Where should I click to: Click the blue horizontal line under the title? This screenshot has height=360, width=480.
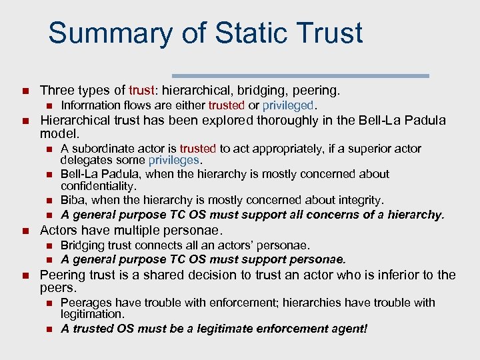pyautogui.click(x=300, y=76)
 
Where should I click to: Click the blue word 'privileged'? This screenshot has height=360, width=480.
pyautogui.click(x=287, y=105)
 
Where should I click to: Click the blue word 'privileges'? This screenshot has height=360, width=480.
pyautogui.click(x=175, y=160)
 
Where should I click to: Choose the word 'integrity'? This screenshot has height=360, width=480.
pyautogui.click(x=360, y=200)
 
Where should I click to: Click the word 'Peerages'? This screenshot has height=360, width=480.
pyautogui.click(x=84, y=303)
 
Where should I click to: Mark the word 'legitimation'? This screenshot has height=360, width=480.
pyautogui.click(x=91, y=313)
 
